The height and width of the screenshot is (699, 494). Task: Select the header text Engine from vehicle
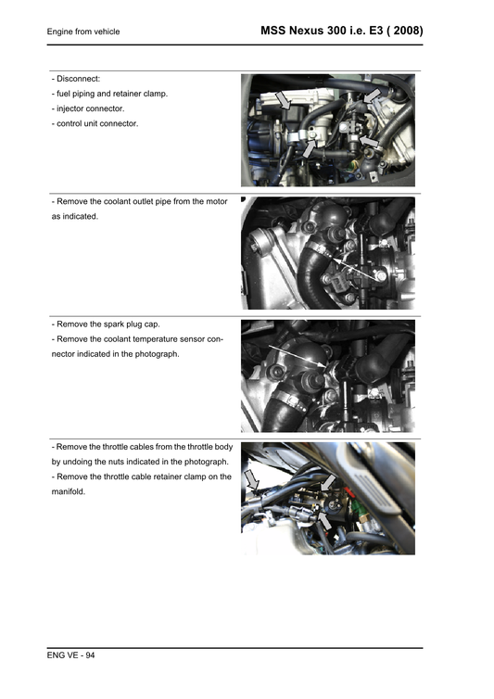click(x=83, y=32)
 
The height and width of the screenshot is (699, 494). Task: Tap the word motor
click(x=215, y=201)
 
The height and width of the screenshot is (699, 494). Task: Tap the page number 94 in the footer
click(x=89, y=656)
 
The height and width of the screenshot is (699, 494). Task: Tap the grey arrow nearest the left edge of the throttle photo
click(x=253, y=478)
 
